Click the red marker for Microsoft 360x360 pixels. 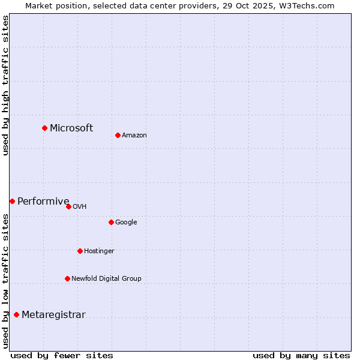(x=44, y=128)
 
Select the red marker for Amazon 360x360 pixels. (x=118, y=135)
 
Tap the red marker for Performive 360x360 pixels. (x=12, y=201)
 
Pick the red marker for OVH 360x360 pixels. (x=68, y=206)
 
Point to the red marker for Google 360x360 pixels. (x=111, y=222)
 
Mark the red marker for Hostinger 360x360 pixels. (x=80, y=251)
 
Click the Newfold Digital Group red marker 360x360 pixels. (x=67, y=278)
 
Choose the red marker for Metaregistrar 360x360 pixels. (x=16, y=314)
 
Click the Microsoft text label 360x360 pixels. (x=71, y=128)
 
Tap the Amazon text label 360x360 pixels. (x=134, y=135)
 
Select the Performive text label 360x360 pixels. (x=43, y=201)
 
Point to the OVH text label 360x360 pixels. (x=80, y=206)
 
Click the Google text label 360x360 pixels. (x=126, y=222)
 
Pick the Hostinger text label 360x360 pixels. (x=99, y=251)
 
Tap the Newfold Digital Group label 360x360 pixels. (x=106, y=278)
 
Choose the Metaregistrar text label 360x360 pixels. (x=53, y=314)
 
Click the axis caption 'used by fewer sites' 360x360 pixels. (x=62, y=355)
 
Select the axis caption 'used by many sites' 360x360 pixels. (x=301, y=355)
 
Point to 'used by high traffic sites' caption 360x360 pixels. (x=5, y=85)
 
